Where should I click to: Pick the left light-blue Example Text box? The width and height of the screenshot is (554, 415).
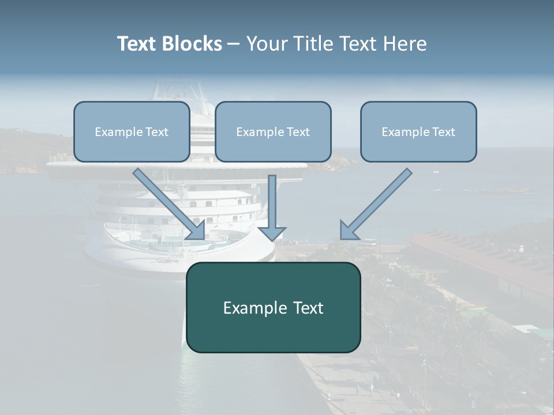tap(132, 131)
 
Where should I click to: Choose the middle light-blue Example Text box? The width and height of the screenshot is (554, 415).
tap(273, 131)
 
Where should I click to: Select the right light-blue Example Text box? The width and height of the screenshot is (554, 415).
tap(418, 131)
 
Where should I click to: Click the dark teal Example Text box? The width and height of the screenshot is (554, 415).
tap(273, 307)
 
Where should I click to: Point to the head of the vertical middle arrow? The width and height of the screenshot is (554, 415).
tap(272, 233)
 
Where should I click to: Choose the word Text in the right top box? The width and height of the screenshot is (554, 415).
tap(443, 132)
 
